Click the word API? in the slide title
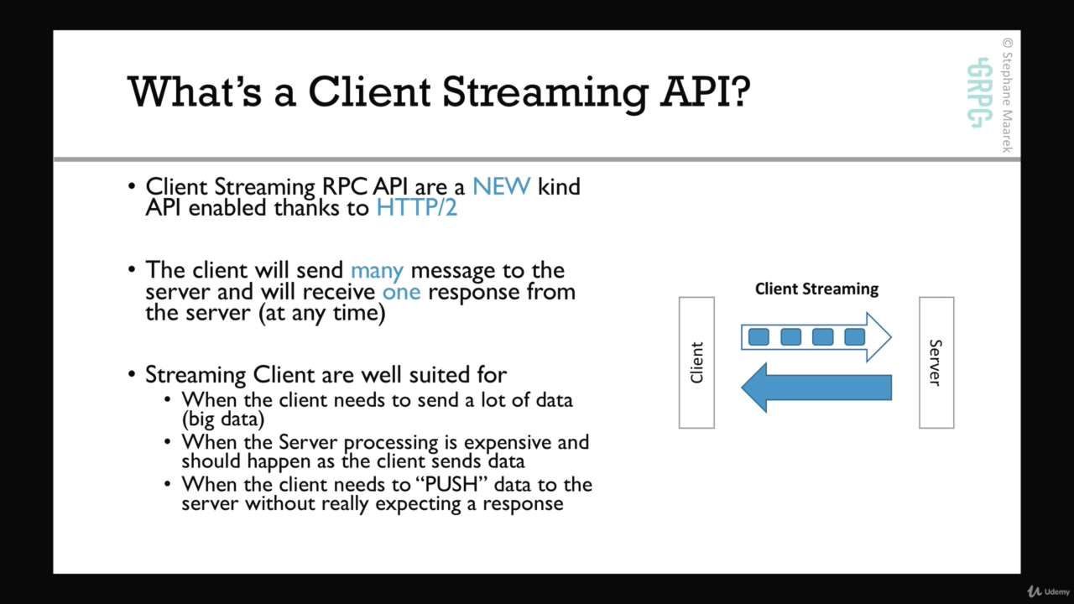[x=705, y=91]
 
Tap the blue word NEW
[x=502, y=186]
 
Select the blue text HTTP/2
[x=417, y=208]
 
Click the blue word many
[x=377, y=271]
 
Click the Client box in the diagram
[x=696, y=362]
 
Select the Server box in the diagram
[x=936, y=362]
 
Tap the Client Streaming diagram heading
[x=816, y=289]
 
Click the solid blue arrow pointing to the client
[x=816, y=388]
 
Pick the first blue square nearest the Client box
[x=759, y=337]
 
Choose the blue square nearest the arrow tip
[x=854, y=337]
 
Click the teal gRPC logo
[x=979, y=92]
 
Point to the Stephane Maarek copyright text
[x=1007, y=96]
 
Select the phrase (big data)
[x=223, y=419]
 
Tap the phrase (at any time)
[x=321, y=314]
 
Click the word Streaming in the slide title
[x=545, y=92]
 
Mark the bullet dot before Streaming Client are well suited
[x=132, y=374]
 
